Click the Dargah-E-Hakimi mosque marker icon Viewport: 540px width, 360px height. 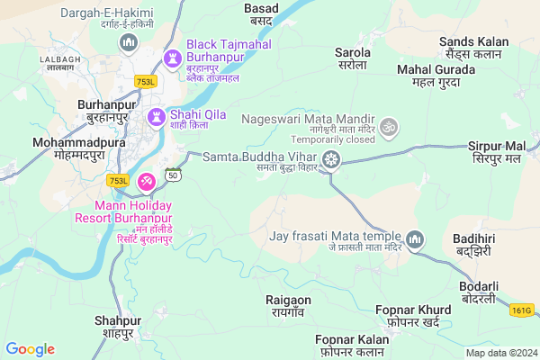[x=129, y=42]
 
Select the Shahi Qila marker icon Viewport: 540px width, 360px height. [x=155, y=116]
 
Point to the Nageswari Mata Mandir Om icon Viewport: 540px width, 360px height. [x=389, y=126]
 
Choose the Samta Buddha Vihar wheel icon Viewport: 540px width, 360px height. [x=333, y=160]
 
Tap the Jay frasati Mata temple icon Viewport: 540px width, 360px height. [x=415, y=239]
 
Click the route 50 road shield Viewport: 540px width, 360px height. [x=173, y=174]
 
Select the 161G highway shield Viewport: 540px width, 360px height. [x=523, y=310]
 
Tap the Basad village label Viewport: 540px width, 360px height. [x=261, y=13]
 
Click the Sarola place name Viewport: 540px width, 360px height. [x=353, y=59]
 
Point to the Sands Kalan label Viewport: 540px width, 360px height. [x=473, y=48]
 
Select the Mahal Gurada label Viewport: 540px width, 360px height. [x=436, y=76]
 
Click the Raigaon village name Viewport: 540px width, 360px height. [x=288, y=305]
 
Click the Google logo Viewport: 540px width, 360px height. [x=30, y=349]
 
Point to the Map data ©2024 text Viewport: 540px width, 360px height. [x=499, y=352]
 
